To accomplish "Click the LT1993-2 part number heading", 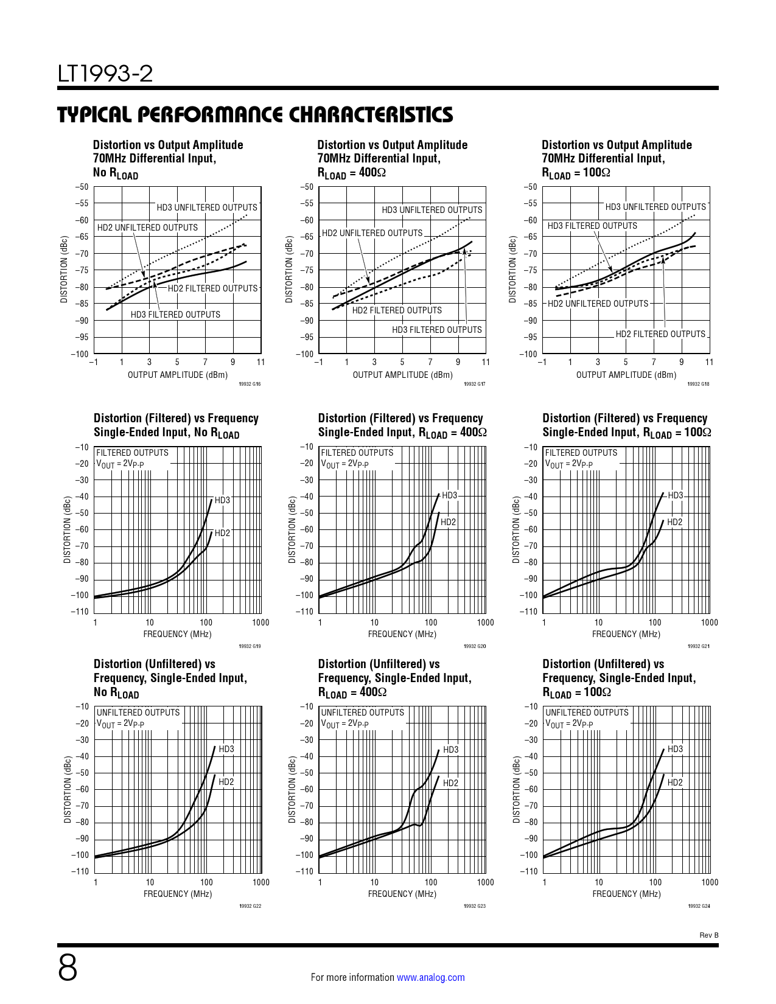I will pos(105,74).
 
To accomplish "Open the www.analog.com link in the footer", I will pos(430,977).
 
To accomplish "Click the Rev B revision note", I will pos(708,935).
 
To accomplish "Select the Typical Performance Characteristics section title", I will pos(255,114).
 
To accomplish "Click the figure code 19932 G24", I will pos(699,906).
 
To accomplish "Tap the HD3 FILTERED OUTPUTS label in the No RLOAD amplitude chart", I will pos(175,315).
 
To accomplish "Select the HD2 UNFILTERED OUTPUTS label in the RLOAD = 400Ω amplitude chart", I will pos(372,233).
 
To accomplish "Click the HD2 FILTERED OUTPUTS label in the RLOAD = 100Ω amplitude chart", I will pos(660,334).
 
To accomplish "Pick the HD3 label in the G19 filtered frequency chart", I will pos(222,500).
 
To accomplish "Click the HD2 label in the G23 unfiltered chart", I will pos(450,783).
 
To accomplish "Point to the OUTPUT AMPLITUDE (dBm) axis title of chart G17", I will pos(402,375).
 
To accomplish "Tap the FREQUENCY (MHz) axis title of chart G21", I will pos(626,634).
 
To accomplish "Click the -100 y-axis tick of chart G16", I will pos(80,354).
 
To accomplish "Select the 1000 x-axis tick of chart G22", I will pos(260,882).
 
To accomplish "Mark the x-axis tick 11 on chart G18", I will pos(709,362).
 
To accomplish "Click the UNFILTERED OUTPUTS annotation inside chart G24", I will pos(587,713).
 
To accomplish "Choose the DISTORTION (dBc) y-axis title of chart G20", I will pos(292,530).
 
